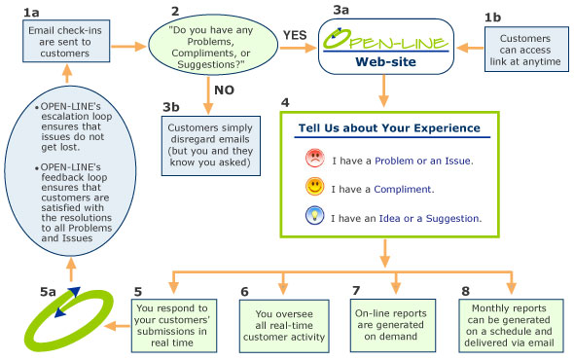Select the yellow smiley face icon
pos(314,189)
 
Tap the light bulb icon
pos(314,218)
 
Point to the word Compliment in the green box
pos(396,190)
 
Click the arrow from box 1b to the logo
pos(470,47)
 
